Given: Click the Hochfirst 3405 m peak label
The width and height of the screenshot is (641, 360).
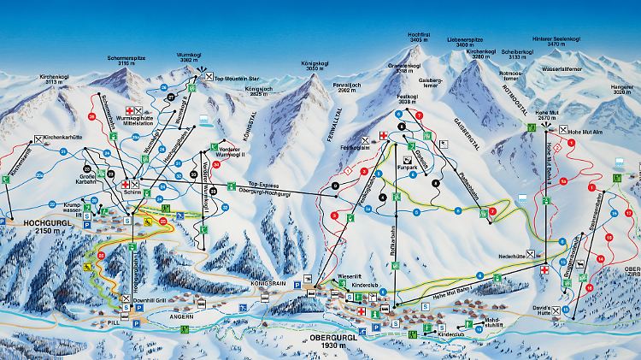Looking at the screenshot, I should pyautogui.click(x=419, y=38).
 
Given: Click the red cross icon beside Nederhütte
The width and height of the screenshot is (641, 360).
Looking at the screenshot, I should pyautogui.click(x=544, y=270).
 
